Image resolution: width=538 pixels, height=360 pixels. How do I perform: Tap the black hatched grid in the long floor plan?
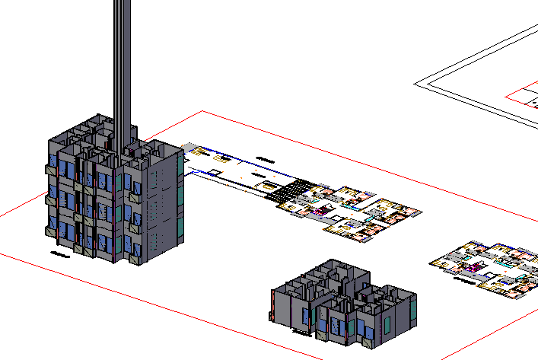[x=293, y=191]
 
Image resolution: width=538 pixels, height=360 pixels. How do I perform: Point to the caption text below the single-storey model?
[x=302, y=332]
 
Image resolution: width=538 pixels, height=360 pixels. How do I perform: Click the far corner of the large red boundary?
[x=202, y=111]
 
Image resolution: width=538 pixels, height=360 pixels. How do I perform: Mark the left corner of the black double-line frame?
[x=415, y=82]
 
